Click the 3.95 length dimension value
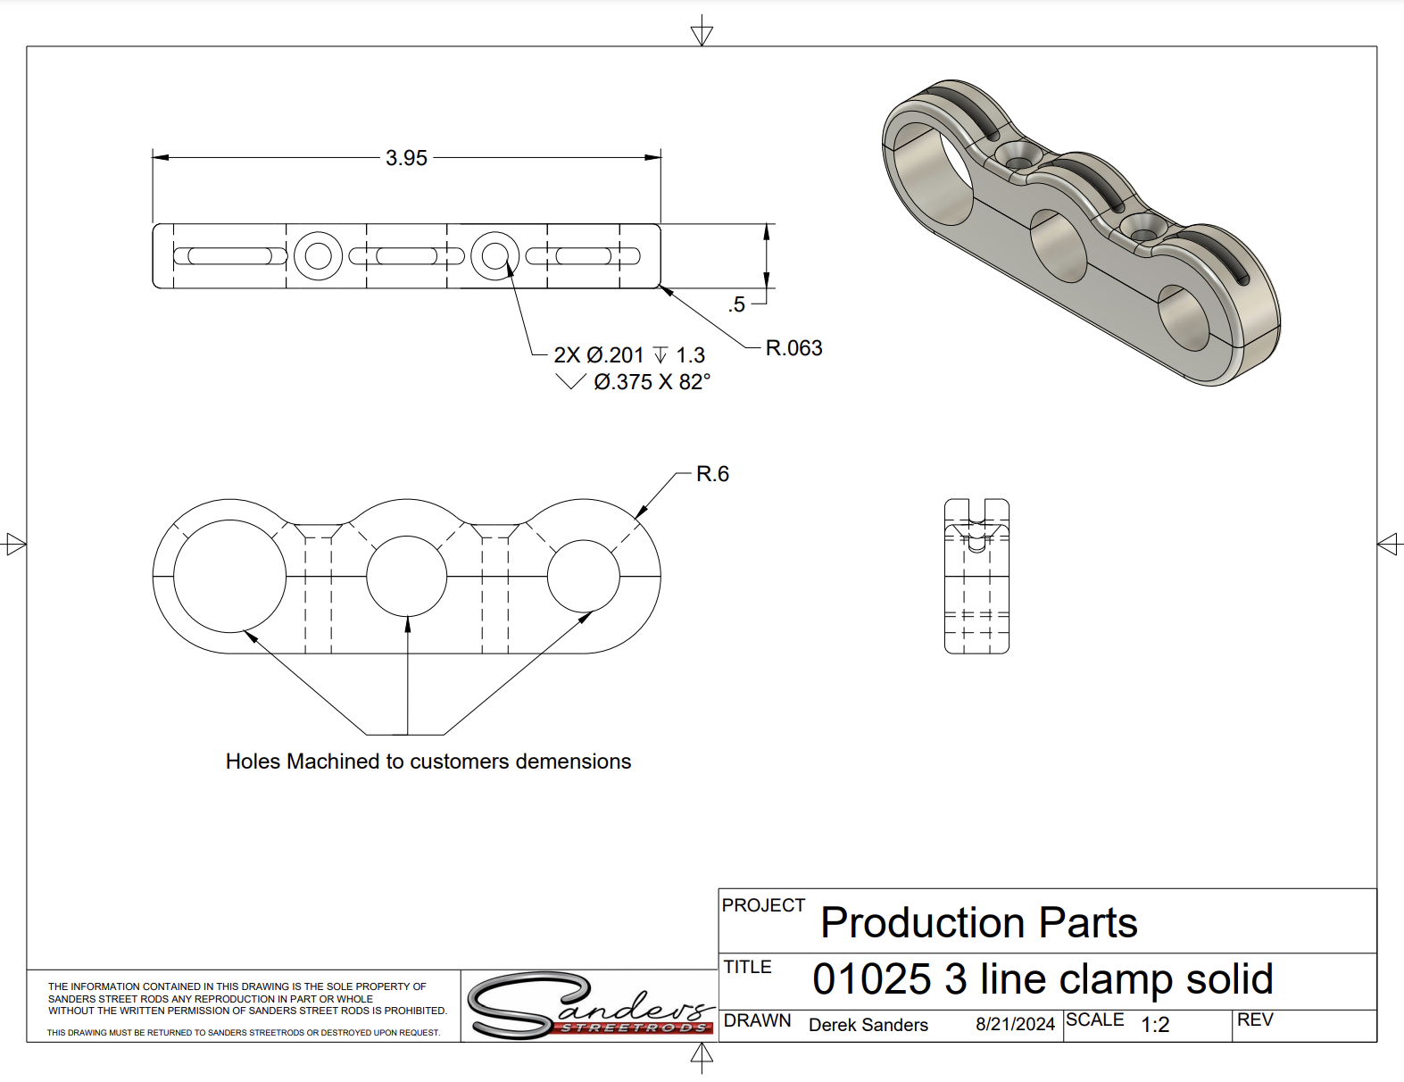coord(406,158)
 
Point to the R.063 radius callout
coord(793,348)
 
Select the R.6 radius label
coord(712,474)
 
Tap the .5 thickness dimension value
coord(736,304)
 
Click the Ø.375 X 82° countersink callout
coord(652,382)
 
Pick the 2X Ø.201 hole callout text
coord(598,354)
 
